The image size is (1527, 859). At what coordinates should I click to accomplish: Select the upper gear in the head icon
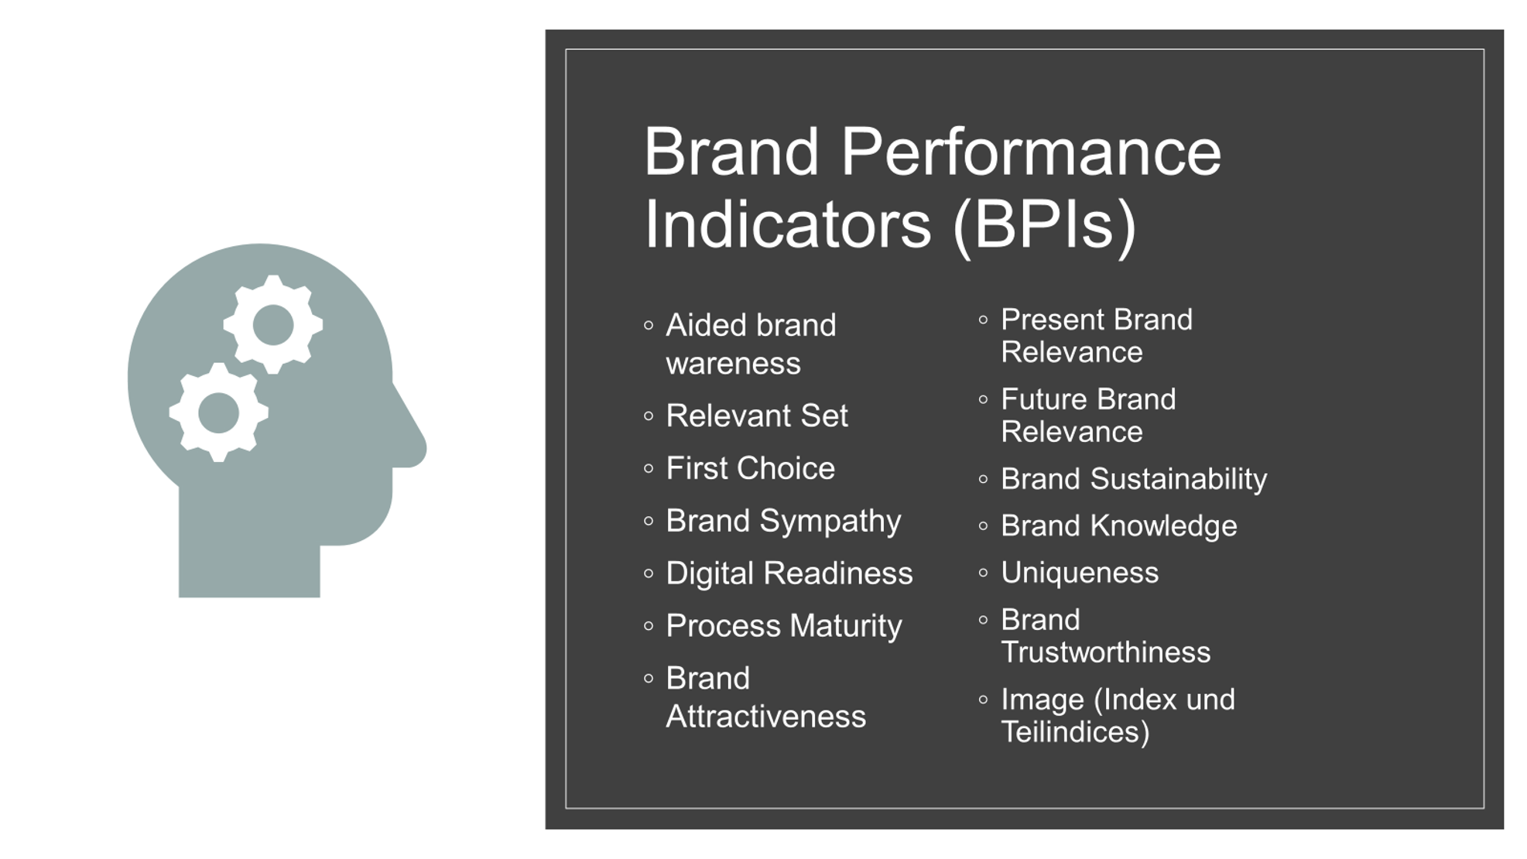click(x=273, y=324)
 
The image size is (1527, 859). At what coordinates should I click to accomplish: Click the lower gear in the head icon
click(x=219, y=412)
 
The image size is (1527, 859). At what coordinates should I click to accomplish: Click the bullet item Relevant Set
click(x=756, y=416)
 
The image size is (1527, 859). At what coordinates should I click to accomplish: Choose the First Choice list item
click(x=750, y=468)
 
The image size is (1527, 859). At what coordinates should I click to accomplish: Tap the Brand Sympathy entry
click(x=783, y=522)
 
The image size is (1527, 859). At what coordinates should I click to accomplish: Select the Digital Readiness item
click(x=789, y=573)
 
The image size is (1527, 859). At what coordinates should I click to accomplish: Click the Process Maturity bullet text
click(x=784, y=626)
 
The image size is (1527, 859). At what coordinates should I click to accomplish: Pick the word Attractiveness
click(x=765, y=717)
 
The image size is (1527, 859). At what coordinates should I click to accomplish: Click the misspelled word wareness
click(x=733, y=364)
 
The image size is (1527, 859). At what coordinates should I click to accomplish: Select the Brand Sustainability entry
click(x=1134, y=480)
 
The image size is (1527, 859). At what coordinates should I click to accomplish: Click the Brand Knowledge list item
click(x=1119, y=526)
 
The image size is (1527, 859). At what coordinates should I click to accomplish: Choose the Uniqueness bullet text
click(x=1080, y=573)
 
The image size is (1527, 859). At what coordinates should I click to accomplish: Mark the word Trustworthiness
click(x=1105, y=652)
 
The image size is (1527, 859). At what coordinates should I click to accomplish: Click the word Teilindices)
click(x=1075, y=732)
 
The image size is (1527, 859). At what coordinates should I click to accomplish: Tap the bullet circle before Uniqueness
click(x=983, y=573)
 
